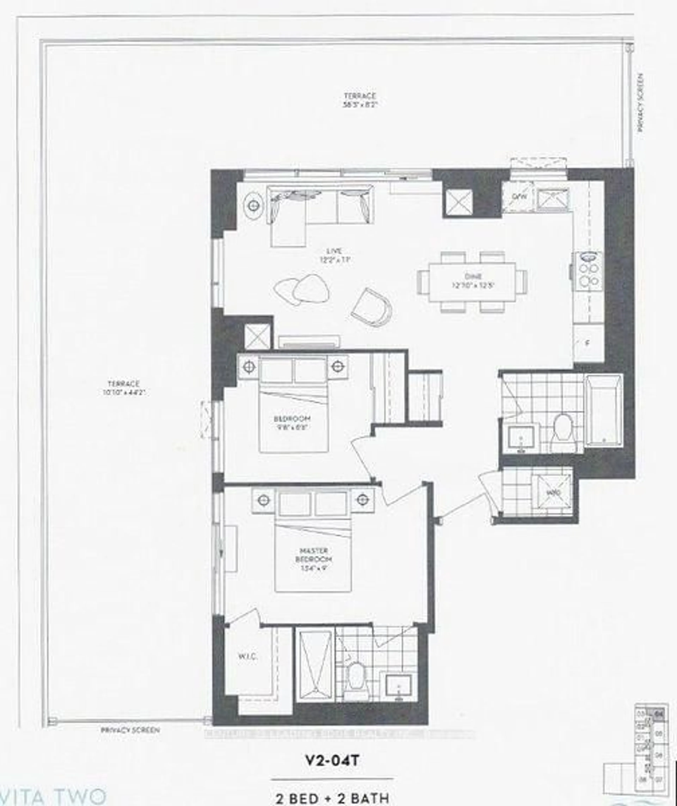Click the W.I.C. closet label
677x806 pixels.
point(248,657)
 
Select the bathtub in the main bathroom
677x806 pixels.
point(604,410)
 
